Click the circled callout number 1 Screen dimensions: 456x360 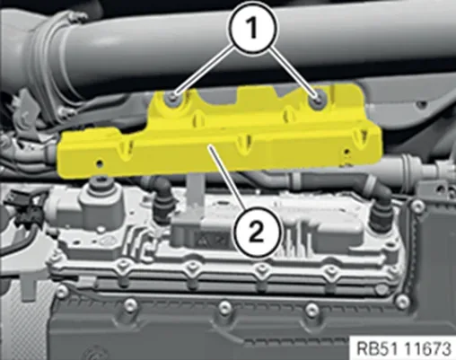click(x=253, y=29)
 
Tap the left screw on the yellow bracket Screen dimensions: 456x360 click(x=173, y=96)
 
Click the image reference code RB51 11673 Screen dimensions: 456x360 click(x=403, y=348)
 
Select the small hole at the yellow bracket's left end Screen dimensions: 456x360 click(x=99, y=163)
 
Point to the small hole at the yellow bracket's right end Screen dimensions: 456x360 click(x=346, y=152)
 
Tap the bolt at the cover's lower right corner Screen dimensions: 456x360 click(x=402, y=300)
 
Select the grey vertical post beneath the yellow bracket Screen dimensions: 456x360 click(x=195, y=191)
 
